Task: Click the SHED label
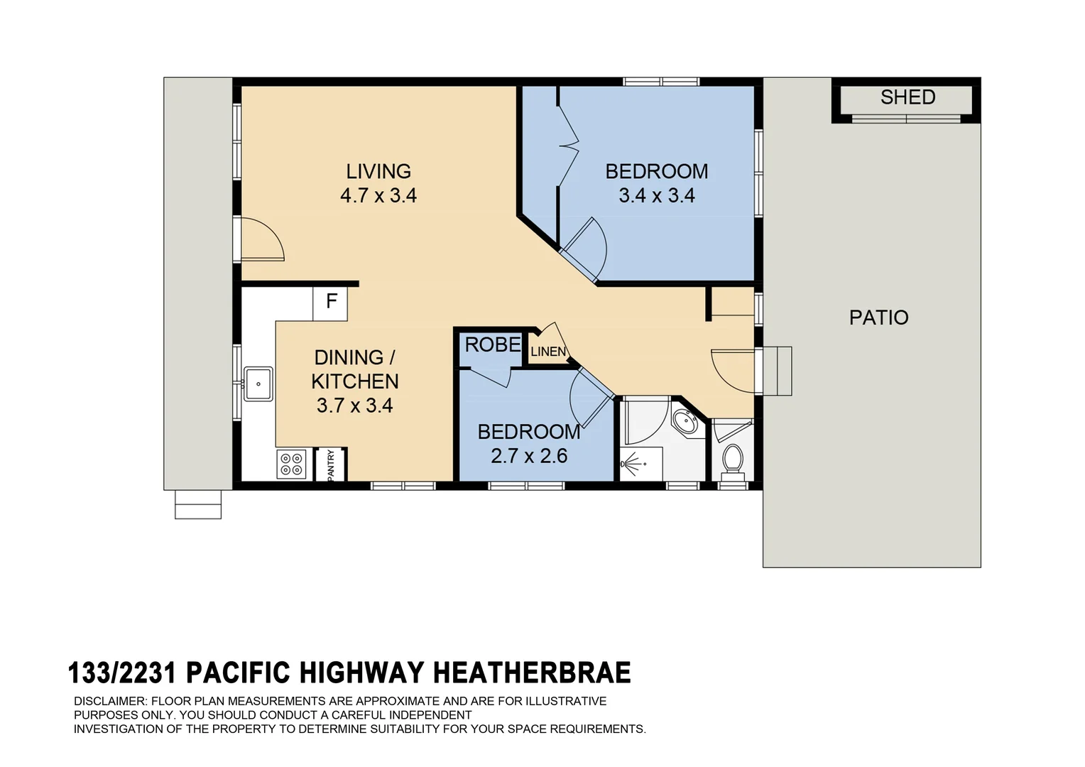pos(907,97)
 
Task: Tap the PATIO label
pos(878,317)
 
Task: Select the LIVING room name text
pos(378,171)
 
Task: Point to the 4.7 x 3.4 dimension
pos(378,195)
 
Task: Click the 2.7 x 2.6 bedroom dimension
pos(529,456)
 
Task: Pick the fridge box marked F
pos(331,302)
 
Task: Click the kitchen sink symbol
pos(258,384)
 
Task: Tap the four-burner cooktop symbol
pos(291,464)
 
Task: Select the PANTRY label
pos(331,466)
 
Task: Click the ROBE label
pos(492,345)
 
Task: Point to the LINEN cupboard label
pos(548,352)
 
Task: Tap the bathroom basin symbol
pos(686,420)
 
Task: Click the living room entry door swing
pos(261,240)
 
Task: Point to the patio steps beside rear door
pos(777,371)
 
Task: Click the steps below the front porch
pos(198,504)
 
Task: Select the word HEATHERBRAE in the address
pos(531,673)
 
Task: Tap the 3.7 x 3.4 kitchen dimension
pos(354,406)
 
